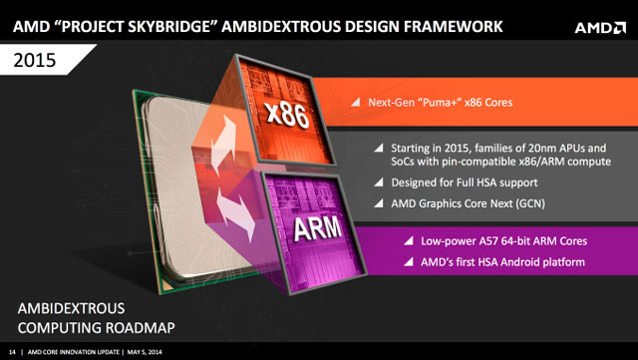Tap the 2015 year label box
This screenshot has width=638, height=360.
41,61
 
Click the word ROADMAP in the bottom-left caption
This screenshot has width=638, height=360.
126,326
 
